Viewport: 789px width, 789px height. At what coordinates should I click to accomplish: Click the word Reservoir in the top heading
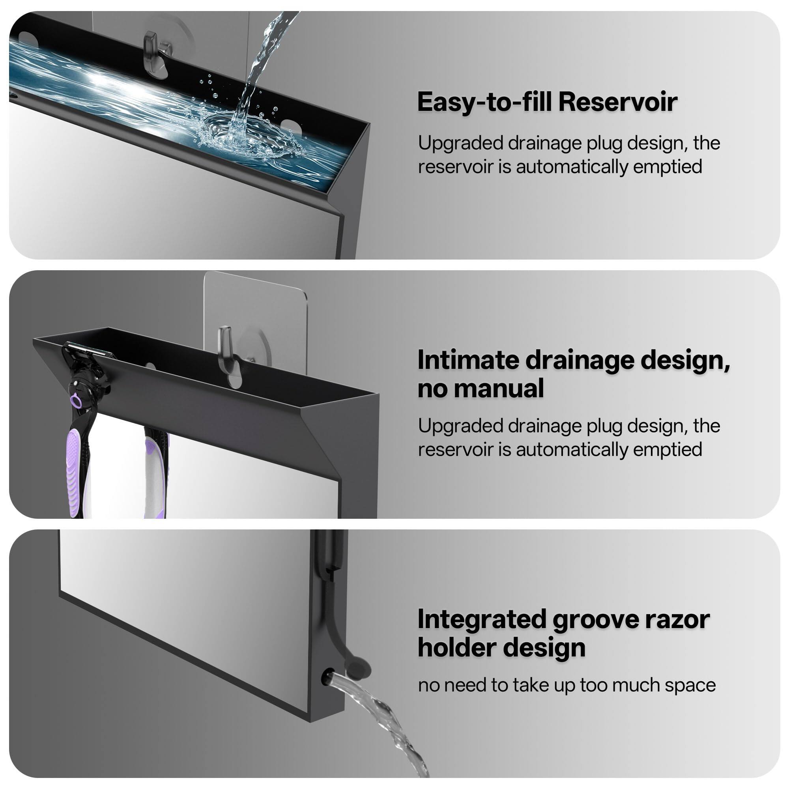pos(618,102)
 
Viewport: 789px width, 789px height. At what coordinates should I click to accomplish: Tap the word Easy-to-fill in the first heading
pos(485,102)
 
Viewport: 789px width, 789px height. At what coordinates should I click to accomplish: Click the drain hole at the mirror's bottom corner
pos(327,677)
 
